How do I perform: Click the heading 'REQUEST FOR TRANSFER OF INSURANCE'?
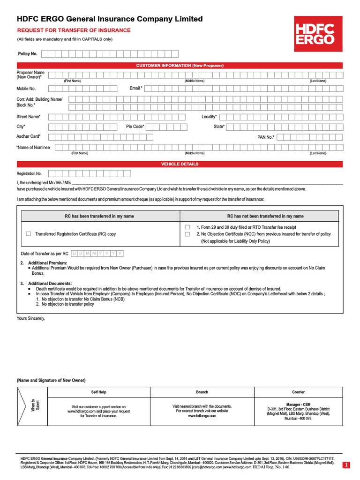tap(74, 30)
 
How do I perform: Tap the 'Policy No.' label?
tap(28, 54)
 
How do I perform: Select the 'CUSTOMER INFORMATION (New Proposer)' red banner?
tap(180, 65)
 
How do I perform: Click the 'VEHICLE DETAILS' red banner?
tap(180, 164)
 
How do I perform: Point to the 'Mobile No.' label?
tap(26, 88)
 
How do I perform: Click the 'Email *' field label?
tap(136, 88)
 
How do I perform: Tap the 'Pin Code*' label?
tap(135, 127)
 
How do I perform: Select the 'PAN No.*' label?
tap(266, 137)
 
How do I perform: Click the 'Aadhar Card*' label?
tap(29, 136)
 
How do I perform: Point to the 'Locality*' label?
tap(210, 116)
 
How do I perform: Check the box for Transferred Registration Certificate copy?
tap(29, 233)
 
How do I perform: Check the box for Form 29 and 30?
tap(187, 227)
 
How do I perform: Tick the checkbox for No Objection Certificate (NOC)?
tap(187, 234)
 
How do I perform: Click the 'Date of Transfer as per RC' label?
tap(45, 254)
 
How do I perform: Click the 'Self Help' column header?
tap(98, 392)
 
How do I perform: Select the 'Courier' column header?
tap(298, 392)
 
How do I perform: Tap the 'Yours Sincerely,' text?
tap(31, 318)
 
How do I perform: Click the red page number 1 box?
tap(346, 465)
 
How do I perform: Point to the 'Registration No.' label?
tap(30, 173)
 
